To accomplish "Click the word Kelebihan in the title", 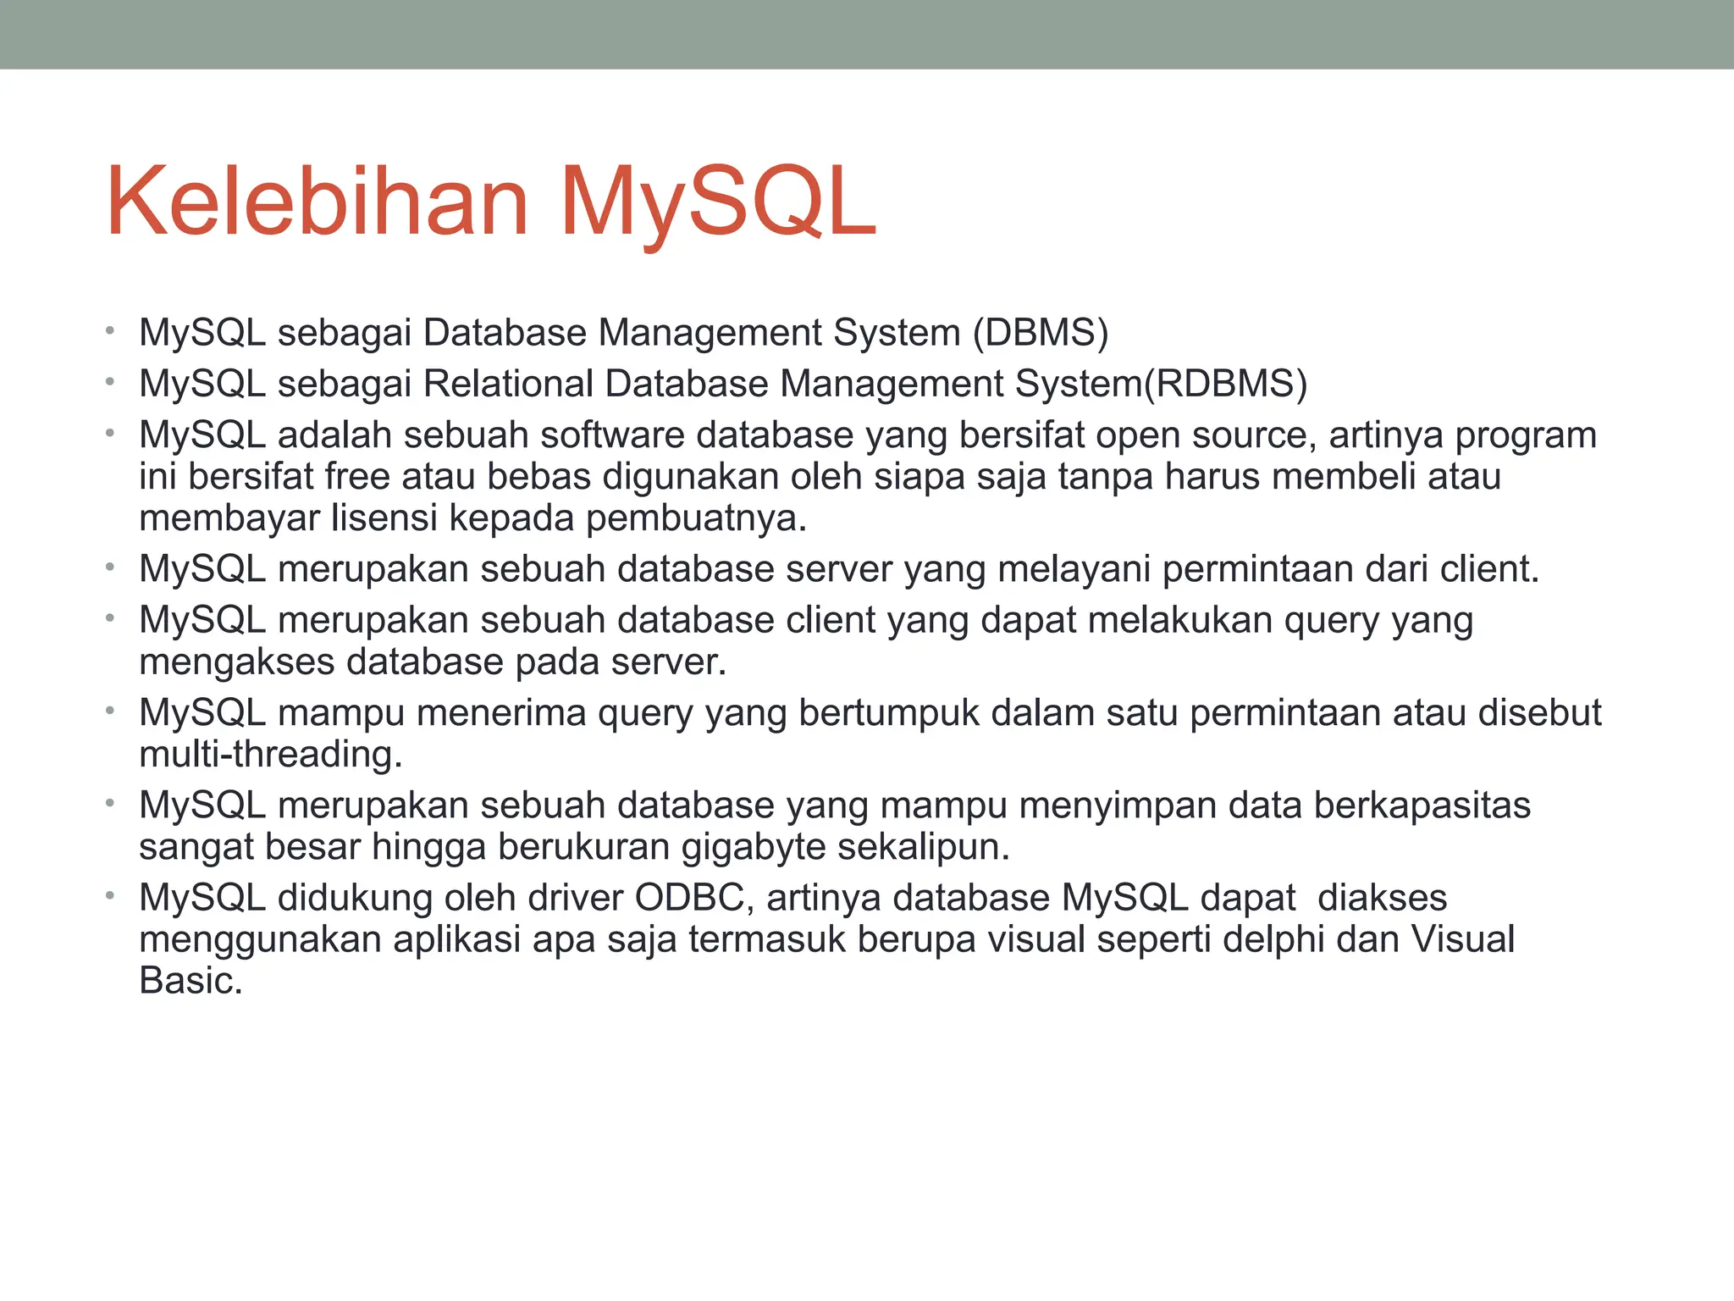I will (318, 203).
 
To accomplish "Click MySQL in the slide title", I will (718, 203).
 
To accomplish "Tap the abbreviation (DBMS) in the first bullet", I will (1041, 333).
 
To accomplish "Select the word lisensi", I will (384, 518).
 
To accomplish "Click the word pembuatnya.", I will (697, 518).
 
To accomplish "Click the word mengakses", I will (237, 662).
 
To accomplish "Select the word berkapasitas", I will (1422, 806).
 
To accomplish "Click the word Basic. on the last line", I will (191, 981).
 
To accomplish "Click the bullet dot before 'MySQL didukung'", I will (109, 894).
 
